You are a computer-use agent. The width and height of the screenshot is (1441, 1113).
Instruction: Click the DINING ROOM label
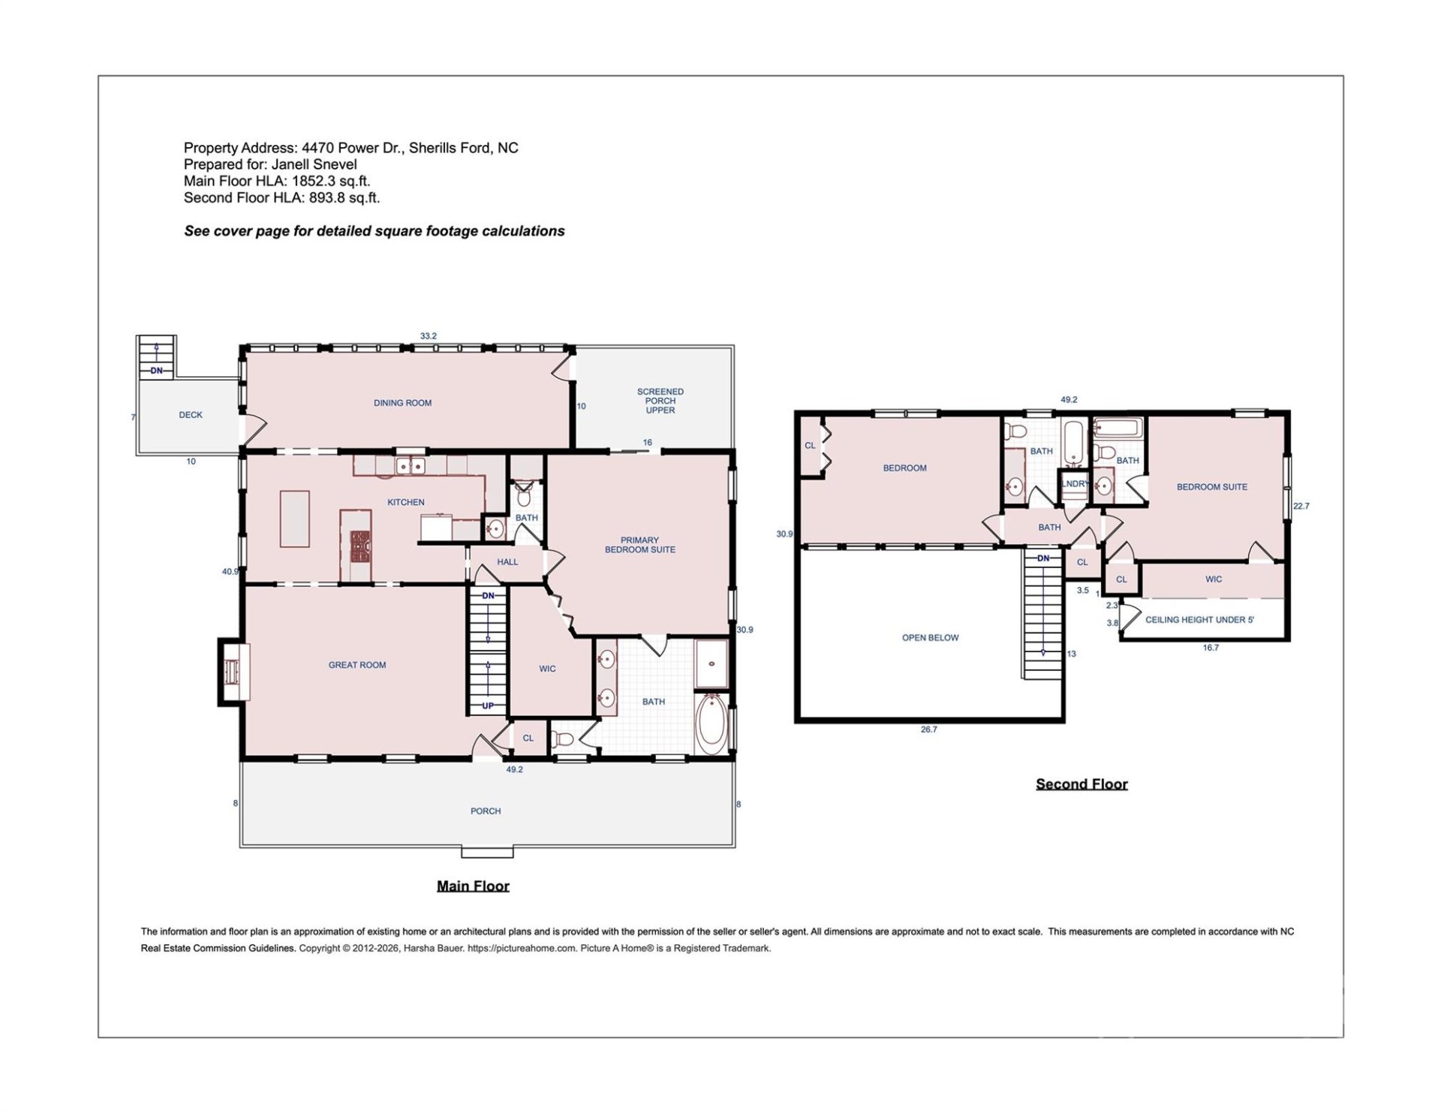[402, 403]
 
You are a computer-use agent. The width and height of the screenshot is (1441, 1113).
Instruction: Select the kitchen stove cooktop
[361, 547]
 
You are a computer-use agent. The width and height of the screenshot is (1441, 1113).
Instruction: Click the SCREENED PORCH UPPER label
[660, 401]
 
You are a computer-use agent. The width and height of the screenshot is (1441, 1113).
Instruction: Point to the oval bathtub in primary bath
[710, 724]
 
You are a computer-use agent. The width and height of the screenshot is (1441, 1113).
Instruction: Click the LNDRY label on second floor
[1075, 484]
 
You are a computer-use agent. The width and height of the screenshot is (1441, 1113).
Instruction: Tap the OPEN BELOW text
[930, 638]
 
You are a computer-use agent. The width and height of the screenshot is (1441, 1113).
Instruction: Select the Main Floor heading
[473, 886]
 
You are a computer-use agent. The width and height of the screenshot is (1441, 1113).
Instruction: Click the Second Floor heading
[1082, 784]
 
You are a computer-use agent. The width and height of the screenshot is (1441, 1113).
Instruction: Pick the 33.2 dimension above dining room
[428, 336]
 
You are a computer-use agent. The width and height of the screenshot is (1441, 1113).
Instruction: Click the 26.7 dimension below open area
[928, 729]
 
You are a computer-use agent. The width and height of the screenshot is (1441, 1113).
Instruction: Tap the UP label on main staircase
[488, 706]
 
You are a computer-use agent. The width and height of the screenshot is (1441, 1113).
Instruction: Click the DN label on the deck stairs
[156, 371]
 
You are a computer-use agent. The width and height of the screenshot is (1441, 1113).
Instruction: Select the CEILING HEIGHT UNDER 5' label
[1199, 620]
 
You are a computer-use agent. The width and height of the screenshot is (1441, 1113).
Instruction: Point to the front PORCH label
[485, 811]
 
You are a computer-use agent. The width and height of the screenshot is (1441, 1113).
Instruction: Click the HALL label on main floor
[507, 562]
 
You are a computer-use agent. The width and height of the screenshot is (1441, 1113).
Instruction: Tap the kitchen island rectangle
[295, 519]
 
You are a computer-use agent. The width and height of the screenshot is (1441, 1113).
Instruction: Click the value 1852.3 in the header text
[314, 182]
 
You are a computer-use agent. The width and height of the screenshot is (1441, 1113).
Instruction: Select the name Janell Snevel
[314, 164]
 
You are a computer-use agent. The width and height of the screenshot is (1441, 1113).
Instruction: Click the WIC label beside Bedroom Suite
[1214, 579]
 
